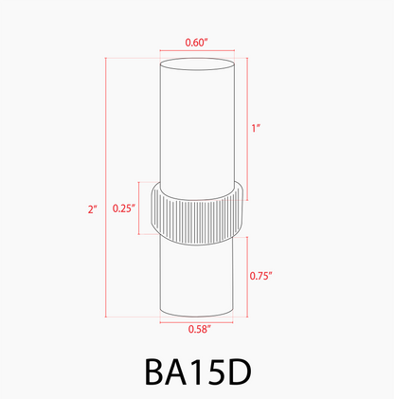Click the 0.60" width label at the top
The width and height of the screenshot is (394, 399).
pyautogui.click(x=196, y=42)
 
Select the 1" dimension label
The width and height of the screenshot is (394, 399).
pyautogui.click(x=257, y=128)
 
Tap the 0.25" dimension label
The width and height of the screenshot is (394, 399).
pyautogui.click(x=123, y=208)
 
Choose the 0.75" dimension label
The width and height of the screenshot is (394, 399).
pyautogui.click(x=260, y=276)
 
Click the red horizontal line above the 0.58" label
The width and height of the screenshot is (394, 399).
pyautogui.click(x=196, y=319)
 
